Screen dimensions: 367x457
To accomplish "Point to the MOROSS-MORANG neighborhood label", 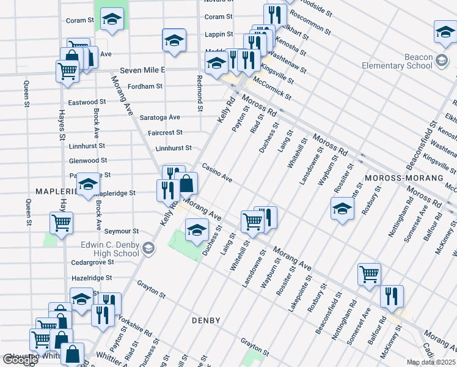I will pos(403,177).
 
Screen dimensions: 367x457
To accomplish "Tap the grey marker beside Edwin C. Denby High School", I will pos(150,248).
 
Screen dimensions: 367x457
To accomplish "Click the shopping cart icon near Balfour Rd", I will pos(369,275).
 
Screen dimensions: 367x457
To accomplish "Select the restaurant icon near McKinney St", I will pos(392,295).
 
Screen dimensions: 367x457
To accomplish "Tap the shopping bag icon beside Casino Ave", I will pos(186,182).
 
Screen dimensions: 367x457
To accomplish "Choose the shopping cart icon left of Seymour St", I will pos(61,223).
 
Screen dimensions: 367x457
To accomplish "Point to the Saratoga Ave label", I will pos(159,117).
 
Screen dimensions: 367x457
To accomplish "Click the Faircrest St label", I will pos(165,132).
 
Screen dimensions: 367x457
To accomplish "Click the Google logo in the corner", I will pos(20,360).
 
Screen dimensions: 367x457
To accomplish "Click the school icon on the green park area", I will pos(196,230).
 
